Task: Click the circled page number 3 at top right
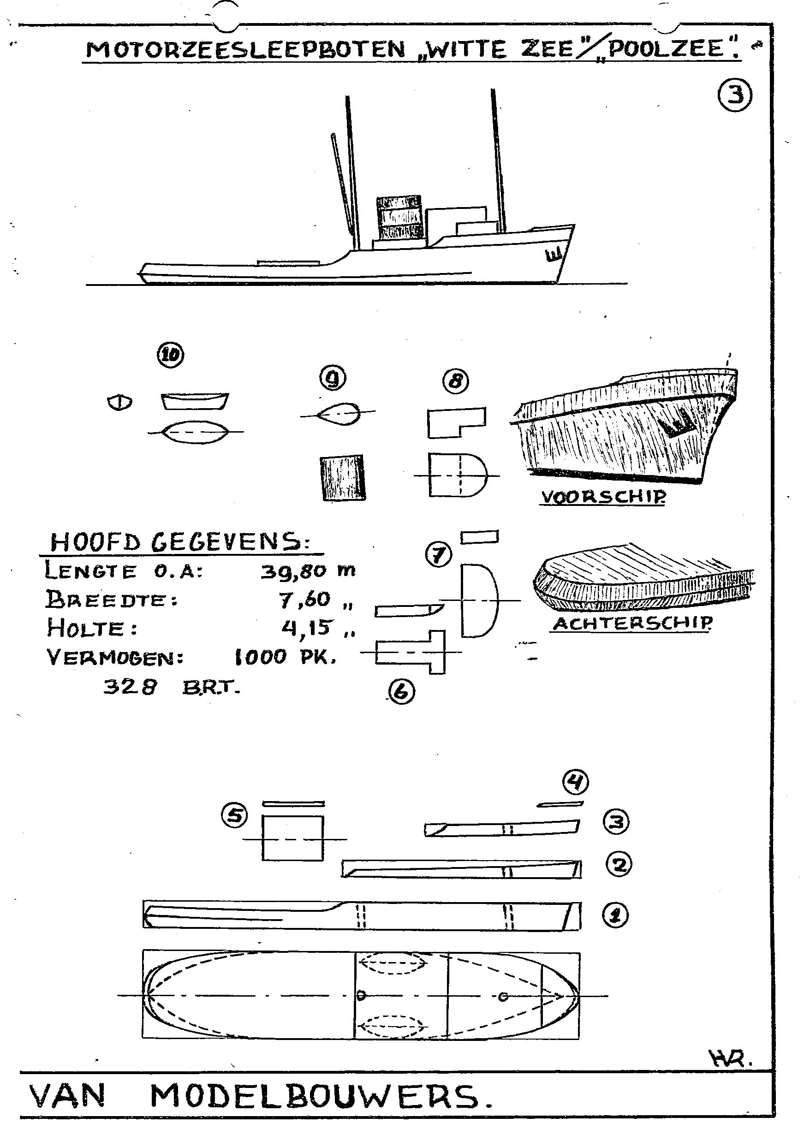pyautogui.click(x=735, y=96)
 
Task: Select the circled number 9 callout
pyautogui.click(x=333, y=379)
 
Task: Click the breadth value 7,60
pyautogui.click(x=306, y=600)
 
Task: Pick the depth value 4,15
pyautogui.click(x=306, y=628)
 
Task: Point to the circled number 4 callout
pyautogui.click(x=575, y=782)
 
